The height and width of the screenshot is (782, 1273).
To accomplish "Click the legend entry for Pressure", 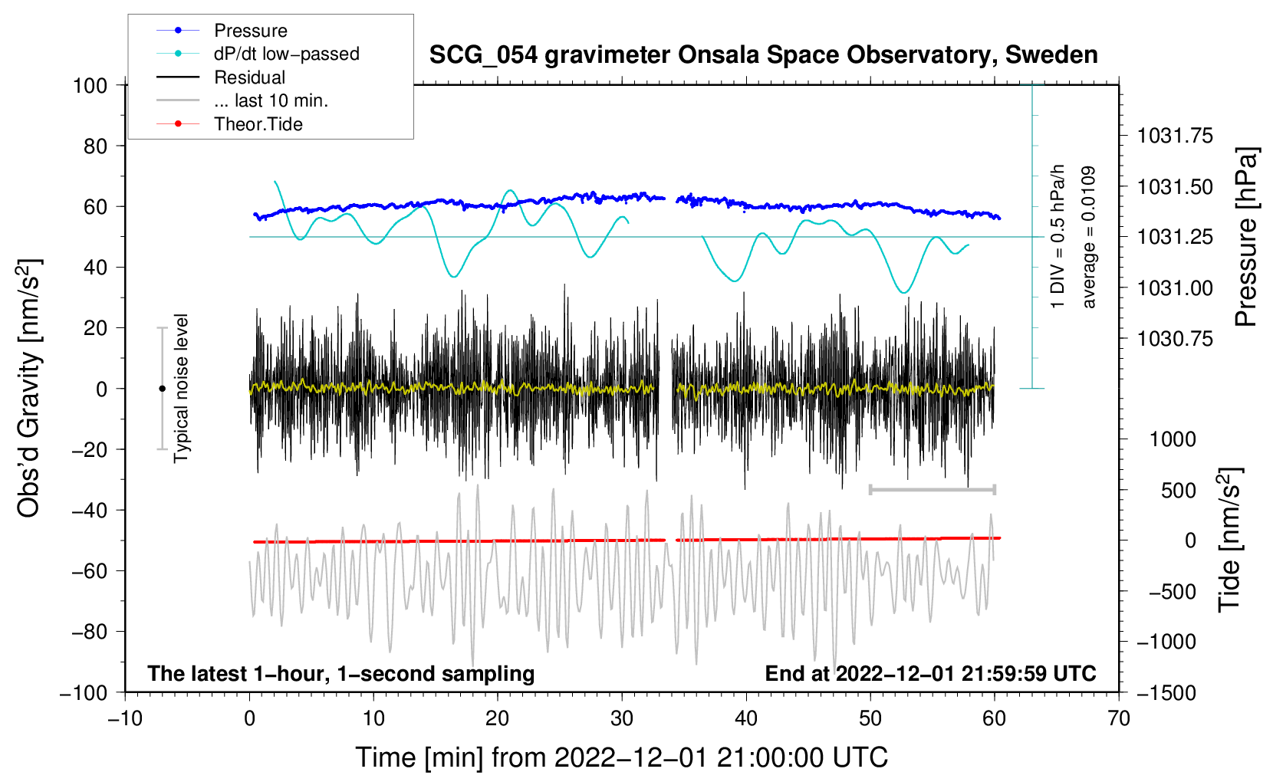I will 250,31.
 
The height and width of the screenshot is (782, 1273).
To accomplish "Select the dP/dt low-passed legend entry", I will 286,54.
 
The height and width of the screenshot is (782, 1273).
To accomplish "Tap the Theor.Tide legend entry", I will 258,124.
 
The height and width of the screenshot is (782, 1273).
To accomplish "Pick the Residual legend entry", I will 249,77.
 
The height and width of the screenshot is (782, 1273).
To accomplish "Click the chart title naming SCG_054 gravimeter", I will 763,55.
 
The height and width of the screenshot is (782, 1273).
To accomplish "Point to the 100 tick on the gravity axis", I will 90,85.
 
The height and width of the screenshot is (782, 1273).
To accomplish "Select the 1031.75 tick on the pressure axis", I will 1175,136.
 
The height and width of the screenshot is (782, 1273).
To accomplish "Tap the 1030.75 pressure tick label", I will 1175,339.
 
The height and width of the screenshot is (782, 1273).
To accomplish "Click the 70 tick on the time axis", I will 1119,718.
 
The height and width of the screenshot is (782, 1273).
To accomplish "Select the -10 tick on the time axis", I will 125,718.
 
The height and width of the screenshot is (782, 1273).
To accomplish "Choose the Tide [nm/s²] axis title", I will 1229,540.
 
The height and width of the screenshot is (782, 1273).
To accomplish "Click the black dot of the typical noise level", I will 162,389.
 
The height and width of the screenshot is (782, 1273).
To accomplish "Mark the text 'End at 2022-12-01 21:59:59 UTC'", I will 930,674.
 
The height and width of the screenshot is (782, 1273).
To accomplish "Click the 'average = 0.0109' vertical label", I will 1089,237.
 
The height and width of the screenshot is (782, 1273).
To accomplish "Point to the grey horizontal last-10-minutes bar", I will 932,490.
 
